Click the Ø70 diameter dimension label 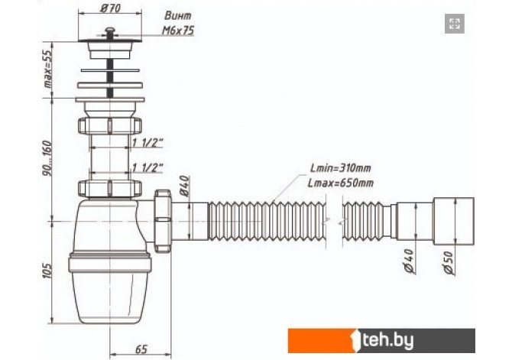click(110, 8)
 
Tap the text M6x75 click(178, 31)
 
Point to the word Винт click(177, 15)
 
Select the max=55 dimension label click(47, 70)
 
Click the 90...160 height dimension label click(47, 158)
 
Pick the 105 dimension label click(47, 271)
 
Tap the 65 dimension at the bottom click(141, 349)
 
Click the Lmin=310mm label click(341, 168)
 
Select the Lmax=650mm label click(341, 183)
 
